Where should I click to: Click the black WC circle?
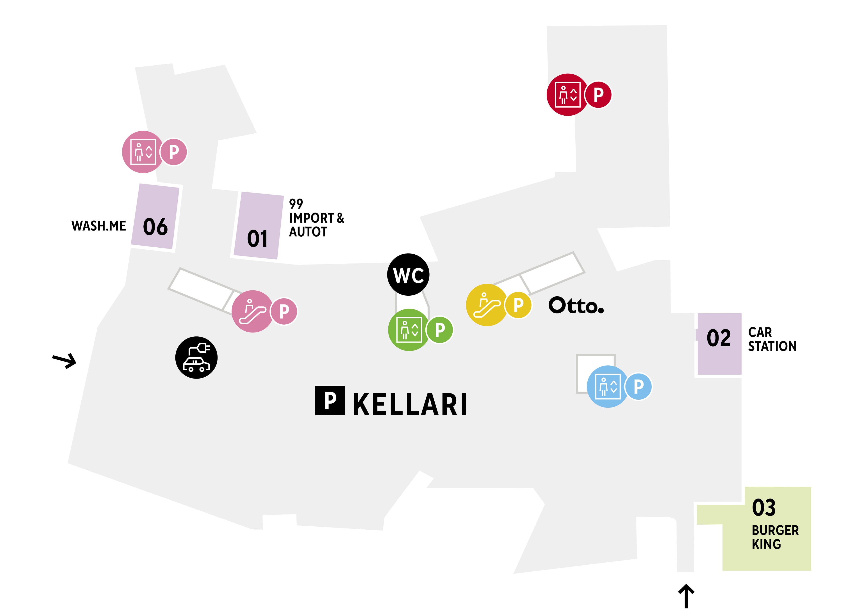[x=408, y=275]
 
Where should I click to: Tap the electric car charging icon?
[x=196, y=358]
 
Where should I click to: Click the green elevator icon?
[x=409, y=330]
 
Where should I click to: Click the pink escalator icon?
[x=252, y=311]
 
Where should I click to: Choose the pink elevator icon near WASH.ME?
[x=143, y=152]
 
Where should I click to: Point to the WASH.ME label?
[x=99, y=226]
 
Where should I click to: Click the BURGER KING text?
[x=775, y=537]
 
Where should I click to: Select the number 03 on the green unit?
[x=764, y=507]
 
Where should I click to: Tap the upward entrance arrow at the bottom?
[x=686, y=596]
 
